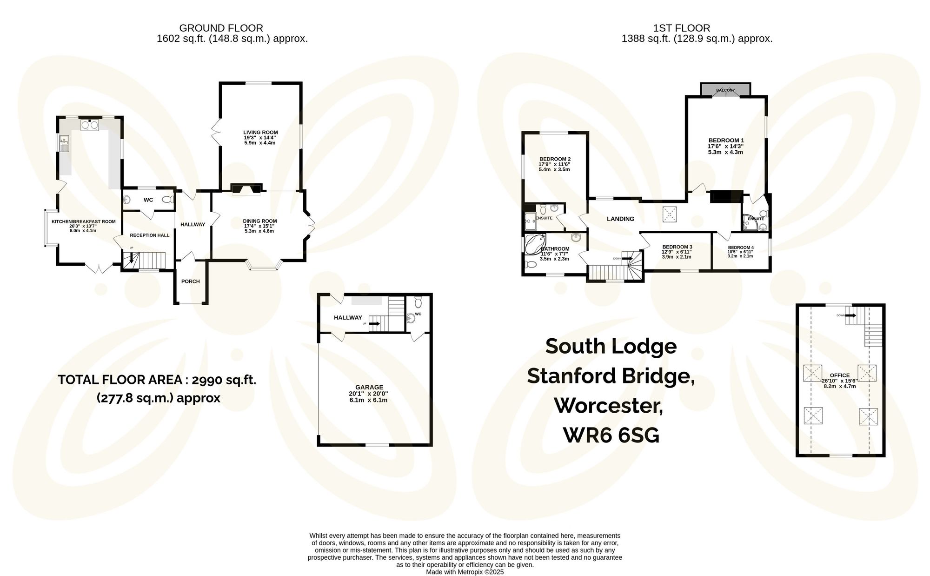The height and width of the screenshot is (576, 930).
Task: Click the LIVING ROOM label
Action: point(260,133)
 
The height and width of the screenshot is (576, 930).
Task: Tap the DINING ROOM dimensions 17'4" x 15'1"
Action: point(259,226)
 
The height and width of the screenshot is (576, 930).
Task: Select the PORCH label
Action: point(191,281)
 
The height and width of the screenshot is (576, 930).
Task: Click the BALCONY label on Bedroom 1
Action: point(725,90)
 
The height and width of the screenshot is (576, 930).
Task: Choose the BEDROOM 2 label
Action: point(555,159)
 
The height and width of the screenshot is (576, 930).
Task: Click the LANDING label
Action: point(620,219)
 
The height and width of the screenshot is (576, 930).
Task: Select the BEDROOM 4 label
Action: point(741,248)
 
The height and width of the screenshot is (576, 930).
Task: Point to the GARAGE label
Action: point(369,387)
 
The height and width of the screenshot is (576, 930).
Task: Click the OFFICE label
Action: point(839,375)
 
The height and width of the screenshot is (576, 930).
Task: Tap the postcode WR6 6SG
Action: point(611,435)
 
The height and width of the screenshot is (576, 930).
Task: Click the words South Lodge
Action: point(611,346)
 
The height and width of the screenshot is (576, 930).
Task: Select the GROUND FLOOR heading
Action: point(221,28)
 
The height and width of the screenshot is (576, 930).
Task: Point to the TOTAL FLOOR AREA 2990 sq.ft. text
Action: point(157,380)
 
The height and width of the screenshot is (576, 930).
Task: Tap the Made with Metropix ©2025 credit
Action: point(465,572)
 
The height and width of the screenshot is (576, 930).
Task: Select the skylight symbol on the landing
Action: point(670,214)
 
